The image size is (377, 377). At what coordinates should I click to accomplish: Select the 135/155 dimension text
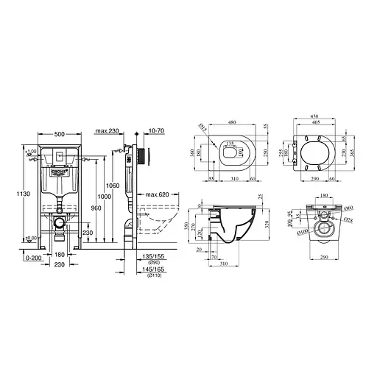pyautogui.click(x=152, y=258)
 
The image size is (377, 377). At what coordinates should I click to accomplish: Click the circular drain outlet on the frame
pyautogui.click(x=59, y=221)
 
